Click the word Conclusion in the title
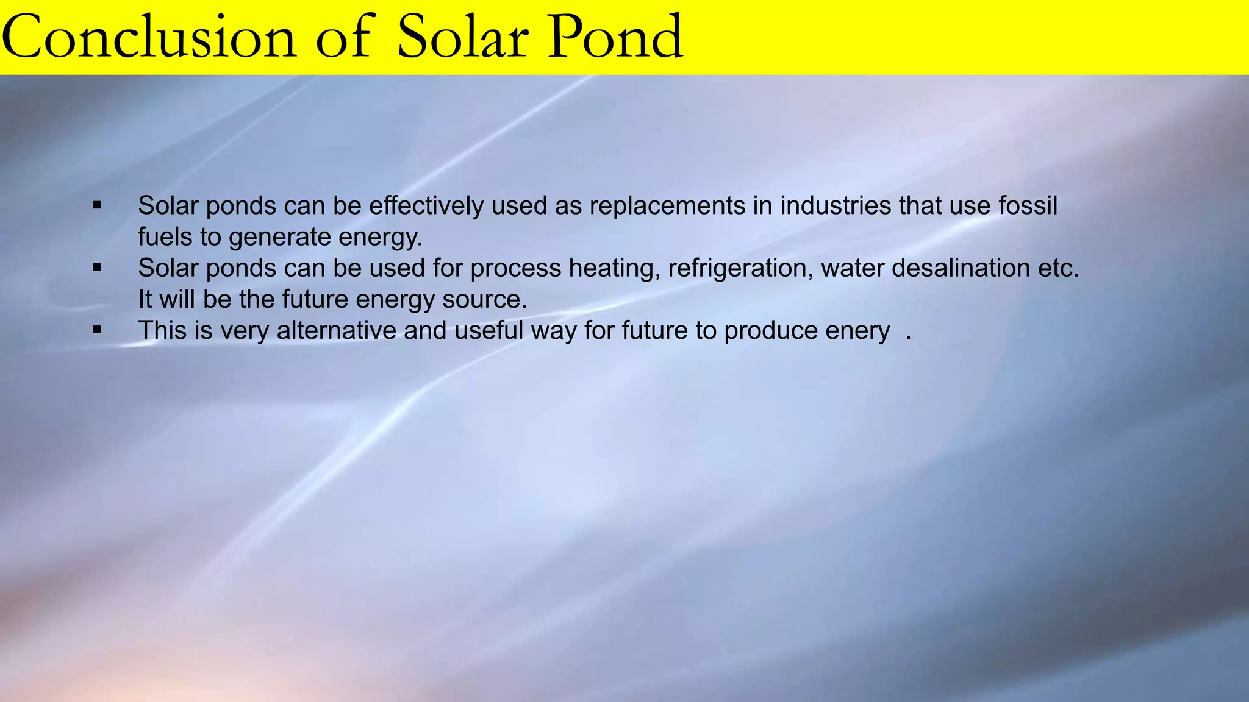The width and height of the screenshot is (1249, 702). click(149, 38)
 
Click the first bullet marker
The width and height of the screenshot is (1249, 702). click(97, 205)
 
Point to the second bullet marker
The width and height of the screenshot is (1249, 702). click(97, 268)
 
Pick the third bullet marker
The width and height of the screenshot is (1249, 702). click(97, 330)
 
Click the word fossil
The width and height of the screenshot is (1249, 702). click(1028, 206)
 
